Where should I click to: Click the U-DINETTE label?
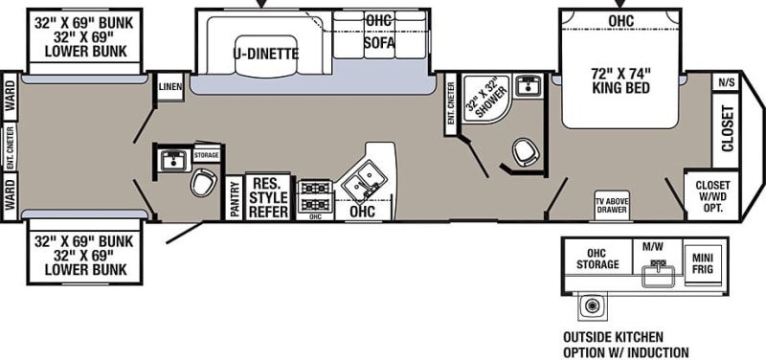point(266,54)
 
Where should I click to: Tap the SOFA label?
point(379,42)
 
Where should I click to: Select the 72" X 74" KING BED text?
point(620,79)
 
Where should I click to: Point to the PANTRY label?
point(235,198)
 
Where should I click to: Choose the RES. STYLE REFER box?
point(268,197)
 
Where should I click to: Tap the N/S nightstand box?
point(726,83)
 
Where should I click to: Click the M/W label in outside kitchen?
point(654,247)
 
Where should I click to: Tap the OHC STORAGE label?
point(597,259)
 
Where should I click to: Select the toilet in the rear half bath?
point(202,183)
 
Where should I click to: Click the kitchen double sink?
point(365,178)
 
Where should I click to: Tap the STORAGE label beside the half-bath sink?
point(206,154)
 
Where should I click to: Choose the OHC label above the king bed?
point(620,19)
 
